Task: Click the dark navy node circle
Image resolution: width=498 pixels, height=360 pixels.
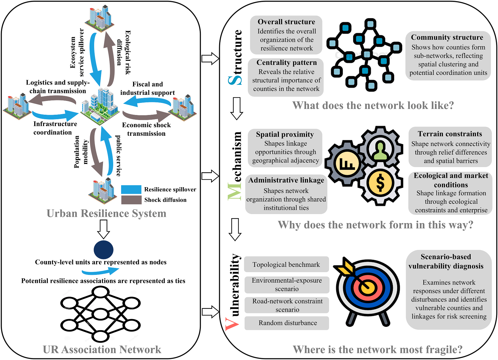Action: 103,250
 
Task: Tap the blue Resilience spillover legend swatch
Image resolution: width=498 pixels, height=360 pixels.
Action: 131,189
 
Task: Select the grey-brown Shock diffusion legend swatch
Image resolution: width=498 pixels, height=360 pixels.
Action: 131,200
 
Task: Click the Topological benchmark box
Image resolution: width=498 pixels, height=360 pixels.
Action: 286,264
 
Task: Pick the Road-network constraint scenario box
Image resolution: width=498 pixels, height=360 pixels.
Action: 287,305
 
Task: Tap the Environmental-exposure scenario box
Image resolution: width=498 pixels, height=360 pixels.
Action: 287,285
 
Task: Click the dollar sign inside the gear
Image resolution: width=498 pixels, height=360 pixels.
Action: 380,183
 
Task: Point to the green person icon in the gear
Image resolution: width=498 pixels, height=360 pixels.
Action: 380,151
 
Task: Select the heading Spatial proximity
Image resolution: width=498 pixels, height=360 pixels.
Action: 285,134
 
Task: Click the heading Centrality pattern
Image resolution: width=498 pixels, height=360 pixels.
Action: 287,62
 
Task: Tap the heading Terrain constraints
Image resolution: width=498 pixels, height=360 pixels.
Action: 450,134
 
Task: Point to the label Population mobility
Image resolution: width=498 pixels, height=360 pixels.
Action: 81,152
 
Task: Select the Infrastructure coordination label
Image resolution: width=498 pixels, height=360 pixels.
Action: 55,128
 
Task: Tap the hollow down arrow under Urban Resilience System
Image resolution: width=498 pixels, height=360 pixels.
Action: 104,229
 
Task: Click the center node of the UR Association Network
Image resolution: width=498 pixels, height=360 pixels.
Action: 100,314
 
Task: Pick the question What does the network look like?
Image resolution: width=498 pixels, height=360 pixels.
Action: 373,105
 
